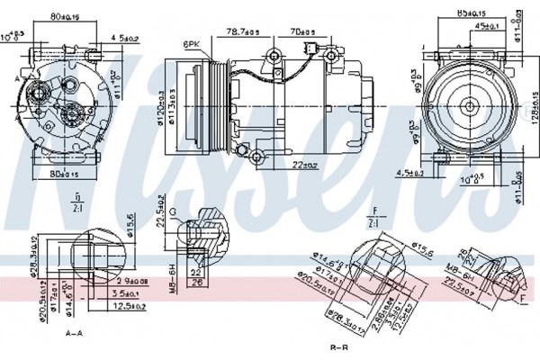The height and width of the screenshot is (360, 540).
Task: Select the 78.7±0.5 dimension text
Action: click(244, 33)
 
